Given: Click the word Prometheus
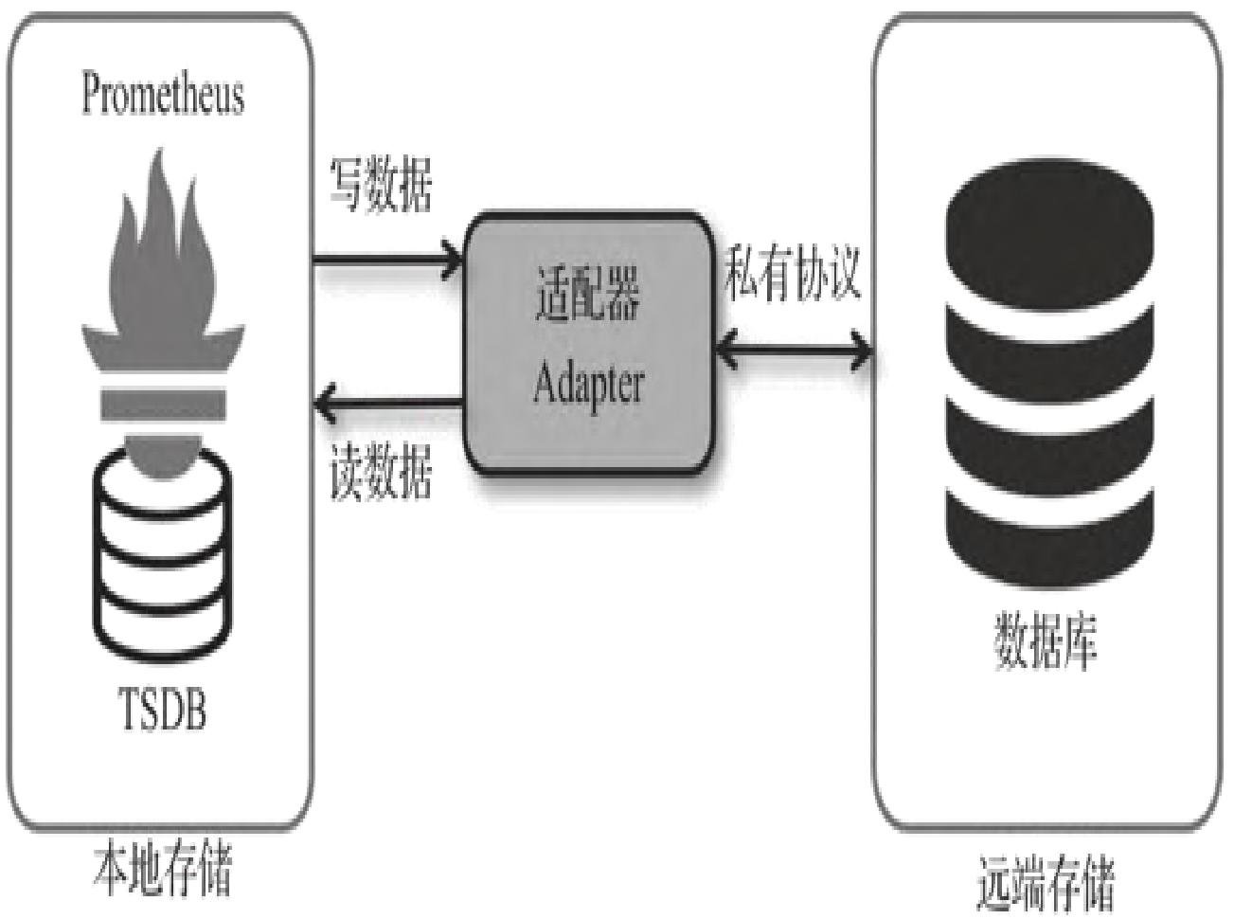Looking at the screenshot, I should [x=163, y=94].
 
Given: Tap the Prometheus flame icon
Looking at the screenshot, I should [x=163, y=275].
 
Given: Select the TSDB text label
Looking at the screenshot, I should [x=163, y=709].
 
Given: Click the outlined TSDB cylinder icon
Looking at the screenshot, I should [x=163, y=559].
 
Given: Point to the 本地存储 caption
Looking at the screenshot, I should [x=163, y=869].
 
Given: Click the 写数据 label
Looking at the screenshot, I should [x=381, y=184].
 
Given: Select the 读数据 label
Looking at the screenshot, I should [x=381, y=471].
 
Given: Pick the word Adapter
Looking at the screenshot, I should [x=588, y=384].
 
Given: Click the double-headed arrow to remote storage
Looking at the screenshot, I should [x=793, y=351].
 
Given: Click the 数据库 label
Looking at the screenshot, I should [x=1046, y=641].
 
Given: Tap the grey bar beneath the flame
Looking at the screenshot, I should [x=163, y=405].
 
